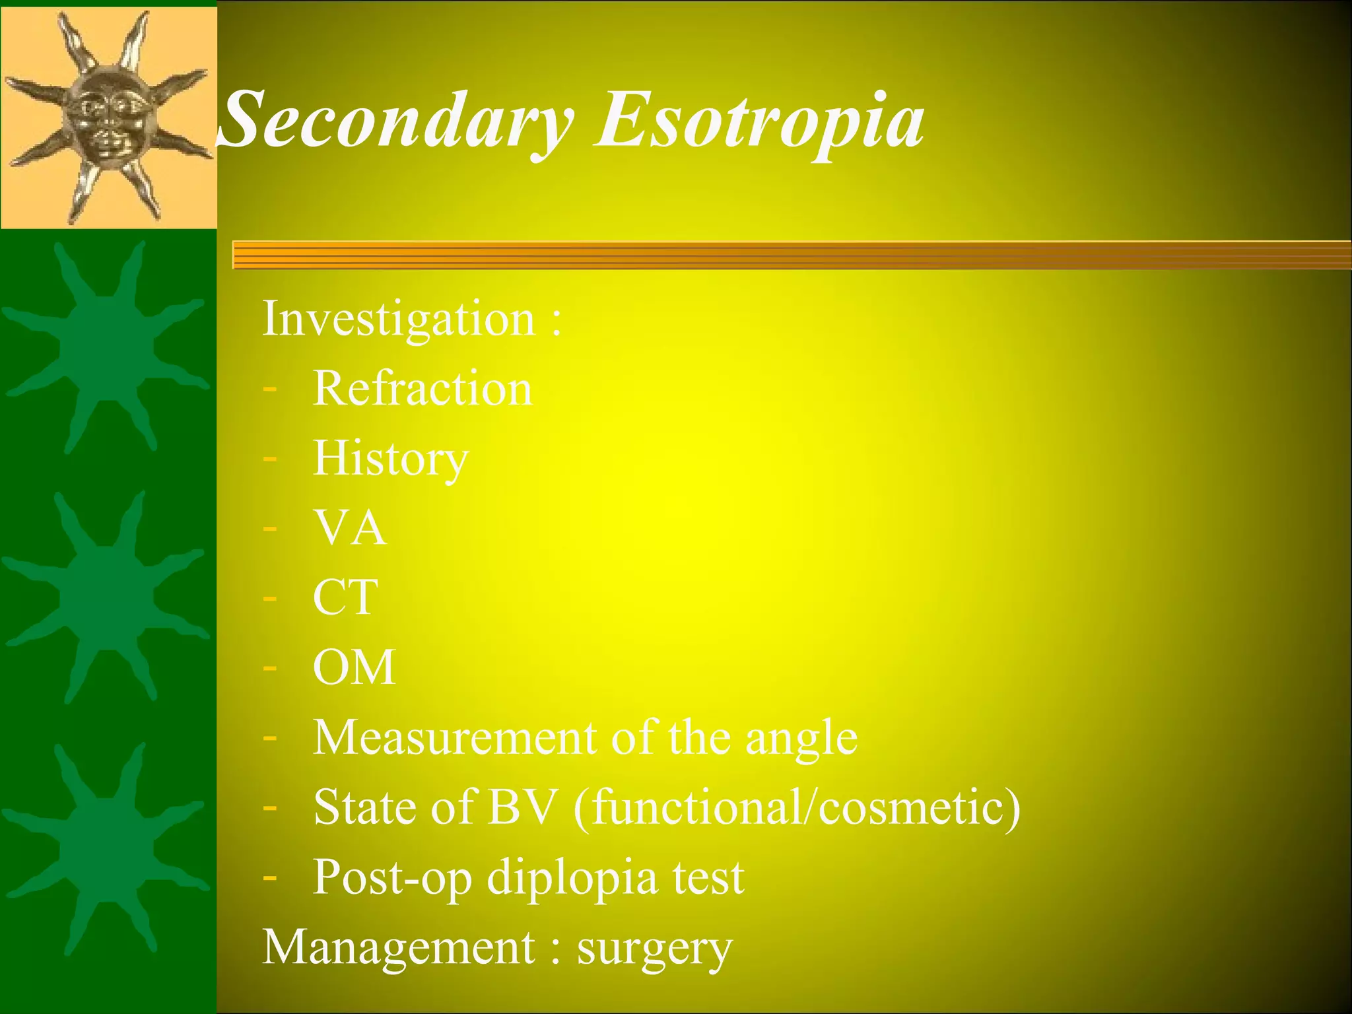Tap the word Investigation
(399, 320)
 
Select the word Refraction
(422, 389)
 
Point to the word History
(391, 459)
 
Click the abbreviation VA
(350, 528)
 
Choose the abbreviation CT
(345, 597)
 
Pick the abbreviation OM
(355, 667)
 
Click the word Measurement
(454, 737)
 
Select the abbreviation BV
(522, 807)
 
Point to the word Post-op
(393, 878)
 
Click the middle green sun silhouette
(106, 594)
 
